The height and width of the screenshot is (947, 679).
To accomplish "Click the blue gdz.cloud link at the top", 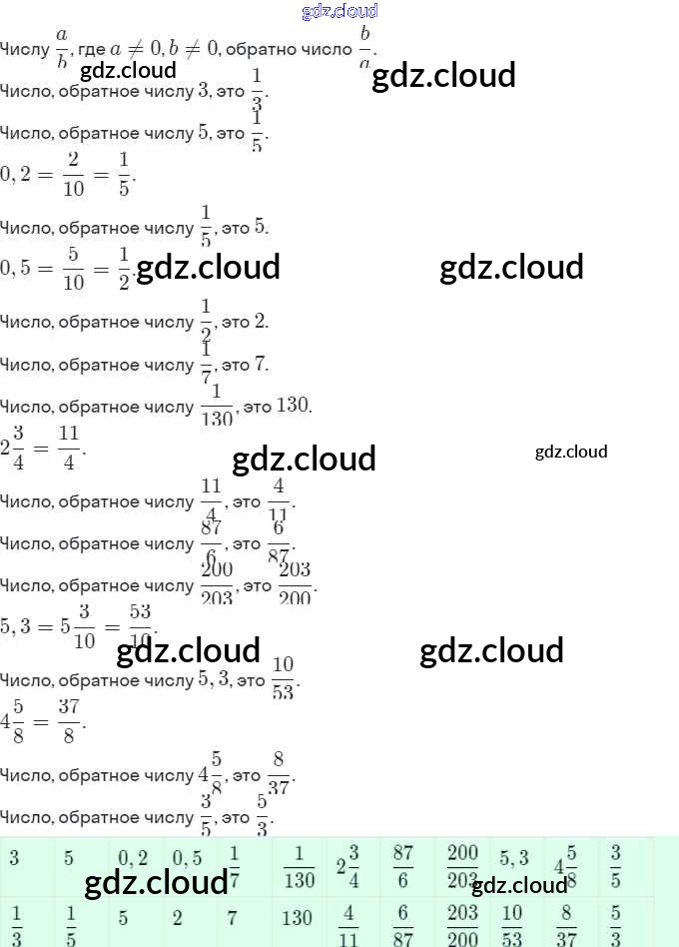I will pyautogui.click(x=339, y=11).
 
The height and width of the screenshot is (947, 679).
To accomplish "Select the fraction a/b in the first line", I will pyautogui.click(x=62, y=47).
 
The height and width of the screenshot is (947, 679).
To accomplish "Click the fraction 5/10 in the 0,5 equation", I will pyautogui.click(x=73, y=268).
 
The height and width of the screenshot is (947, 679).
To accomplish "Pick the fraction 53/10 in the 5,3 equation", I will pyautogui.click(x=140, y=624).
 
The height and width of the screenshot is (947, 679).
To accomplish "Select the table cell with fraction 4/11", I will pyautogui.click(x=348, y=923).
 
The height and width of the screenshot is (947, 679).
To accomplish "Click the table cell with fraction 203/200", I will pyautogui.click(x=462, y=923).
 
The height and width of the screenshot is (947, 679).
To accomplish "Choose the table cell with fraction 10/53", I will pyautogui.click(x=512, y=923).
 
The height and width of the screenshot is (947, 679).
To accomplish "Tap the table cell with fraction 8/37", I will pyautogui.click(x=566, y=923).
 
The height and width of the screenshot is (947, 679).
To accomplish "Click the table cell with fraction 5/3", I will pyautogui.click(x=616, y=923).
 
